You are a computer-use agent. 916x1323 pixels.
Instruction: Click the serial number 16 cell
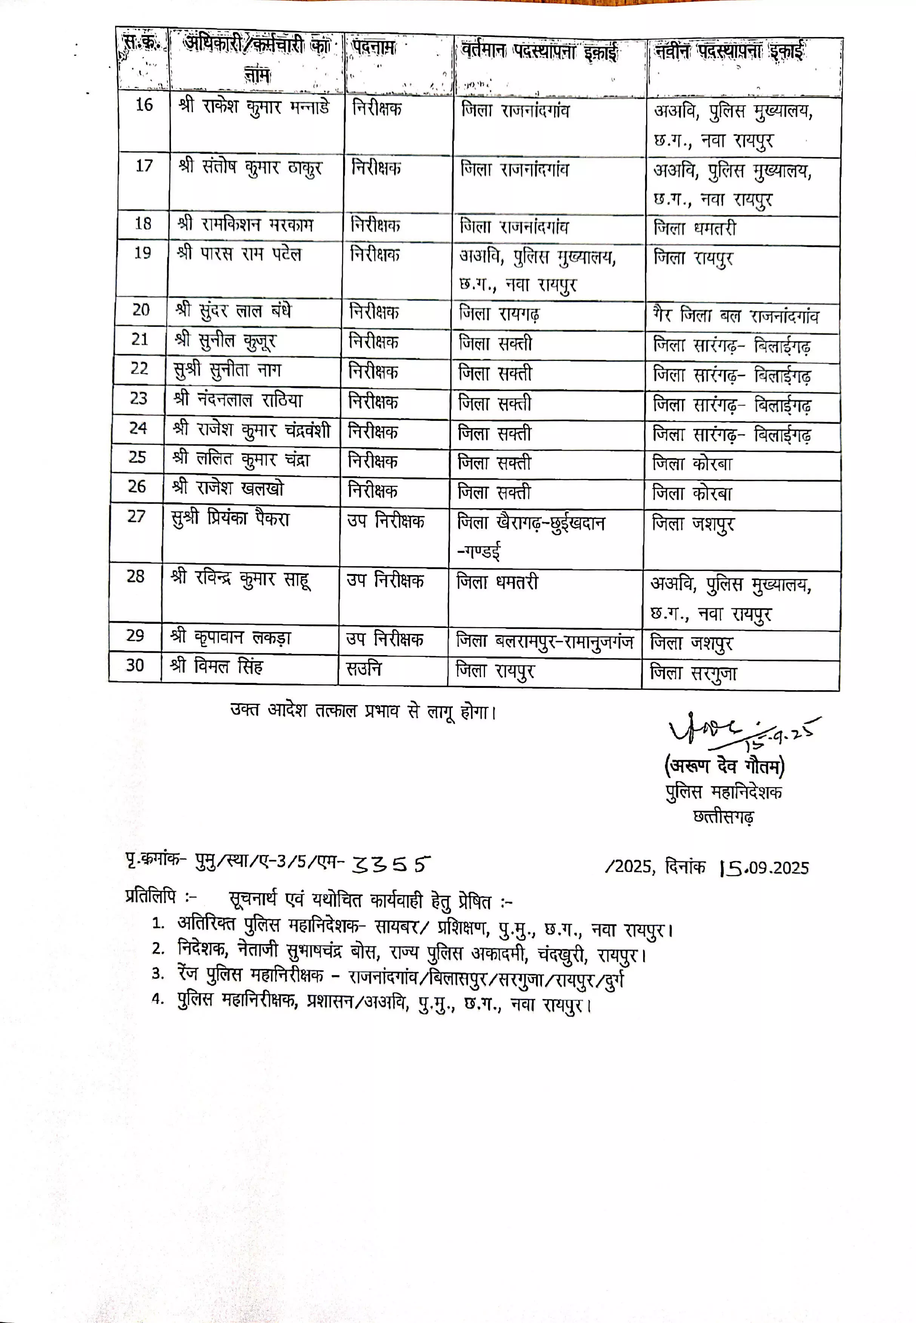coord(144,104)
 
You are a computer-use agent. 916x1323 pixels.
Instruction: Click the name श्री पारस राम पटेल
coord(239,253)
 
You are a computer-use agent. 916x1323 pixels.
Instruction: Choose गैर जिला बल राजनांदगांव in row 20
coord(736,315)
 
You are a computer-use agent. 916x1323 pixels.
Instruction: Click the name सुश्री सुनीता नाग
coord(228,370)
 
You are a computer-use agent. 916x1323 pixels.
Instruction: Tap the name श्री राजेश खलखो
coord(228,488)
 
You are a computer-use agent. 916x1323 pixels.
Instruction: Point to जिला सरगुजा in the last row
coord(693,673)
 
